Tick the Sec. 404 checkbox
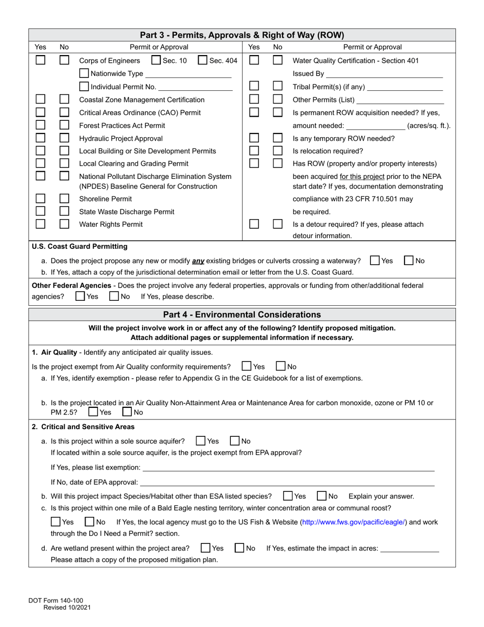(x=202, y=60)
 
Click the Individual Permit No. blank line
(x=195, y=88)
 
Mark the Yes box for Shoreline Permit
(x=40, y=198)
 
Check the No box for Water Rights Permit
(x=64, y=224)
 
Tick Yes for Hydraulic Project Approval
(x=40, y=138)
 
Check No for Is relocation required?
(x=278, y=150)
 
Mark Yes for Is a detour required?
(x=254, y=224)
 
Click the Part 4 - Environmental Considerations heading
(x=242, y=315)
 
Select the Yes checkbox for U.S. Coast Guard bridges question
(x=375, y=260)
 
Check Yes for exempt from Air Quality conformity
(x=247, y=366)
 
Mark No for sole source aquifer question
(x=235, y=441)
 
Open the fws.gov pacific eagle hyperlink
(x=354, y=522)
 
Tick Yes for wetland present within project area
(x=205, y=548)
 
